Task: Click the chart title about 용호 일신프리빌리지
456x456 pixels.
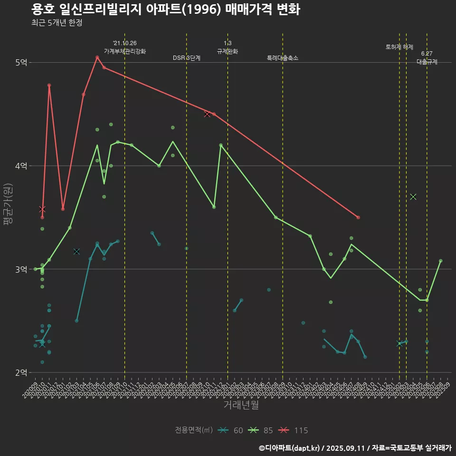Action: (x=165, y=9)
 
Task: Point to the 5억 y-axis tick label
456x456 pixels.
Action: (x=21, y=63)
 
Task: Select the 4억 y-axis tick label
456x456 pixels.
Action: (x=21, y=166)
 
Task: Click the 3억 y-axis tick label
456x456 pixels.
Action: (x=21, y=269)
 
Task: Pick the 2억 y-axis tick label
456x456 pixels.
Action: (x=21, y=372)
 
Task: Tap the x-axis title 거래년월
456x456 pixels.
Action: (x=241, y=405)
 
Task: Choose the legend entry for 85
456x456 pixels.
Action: (x=261, y=430)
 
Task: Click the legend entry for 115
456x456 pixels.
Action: (x=293, y=430)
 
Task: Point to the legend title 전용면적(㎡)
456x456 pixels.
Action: (x=194, y=430)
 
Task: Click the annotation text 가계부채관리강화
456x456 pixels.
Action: (x=125, y=51)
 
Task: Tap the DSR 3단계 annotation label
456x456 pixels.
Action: (x=187, y=58)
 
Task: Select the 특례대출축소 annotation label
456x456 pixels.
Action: (x=283, y=58)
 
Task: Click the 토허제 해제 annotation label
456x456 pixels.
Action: (x=399, y=47)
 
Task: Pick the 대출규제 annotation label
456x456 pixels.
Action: (x=427, y=62)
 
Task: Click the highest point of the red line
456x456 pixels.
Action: (x=97, y=57)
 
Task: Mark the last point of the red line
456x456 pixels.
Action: (x=358, y=217)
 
